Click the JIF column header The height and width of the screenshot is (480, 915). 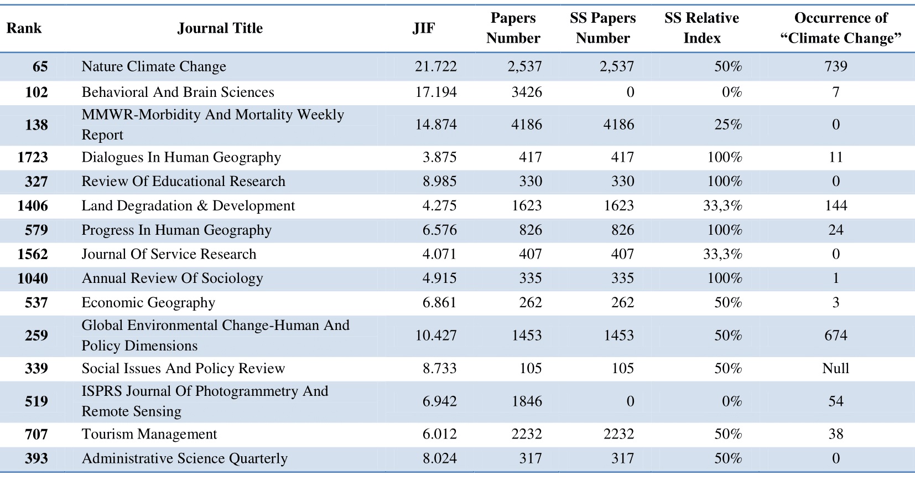coord(424,28)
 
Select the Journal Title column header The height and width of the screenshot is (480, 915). coord(220,28)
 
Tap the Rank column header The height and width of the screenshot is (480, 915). coord(24,28)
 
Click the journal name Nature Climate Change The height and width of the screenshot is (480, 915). coord(154,66)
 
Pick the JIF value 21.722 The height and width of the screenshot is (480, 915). coord(436,66)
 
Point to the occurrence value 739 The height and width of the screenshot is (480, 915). coord(836,66)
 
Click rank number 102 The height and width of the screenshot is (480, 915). coord(37,92)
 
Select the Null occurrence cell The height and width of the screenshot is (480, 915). coord(836,368)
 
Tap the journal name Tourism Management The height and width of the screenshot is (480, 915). coord(149,434)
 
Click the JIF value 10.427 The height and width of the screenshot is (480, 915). coord(436,336)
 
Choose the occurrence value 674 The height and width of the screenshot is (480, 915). coord(836,336)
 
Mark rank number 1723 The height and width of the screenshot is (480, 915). coord(32,157)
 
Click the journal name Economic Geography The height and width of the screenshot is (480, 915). coord(148,302)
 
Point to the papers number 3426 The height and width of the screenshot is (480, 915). coord(527,92)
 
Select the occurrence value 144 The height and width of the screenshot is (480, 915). coord(836,205)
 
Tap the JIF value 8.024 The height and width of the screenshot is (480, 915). coord(440,458)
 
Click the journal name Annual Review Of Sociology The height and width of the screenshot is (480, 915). coord(173,278)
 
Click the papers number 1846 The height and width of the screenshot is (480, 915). coord(527,401)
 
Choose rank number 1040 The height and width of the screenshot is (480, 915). coord(32,278)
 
